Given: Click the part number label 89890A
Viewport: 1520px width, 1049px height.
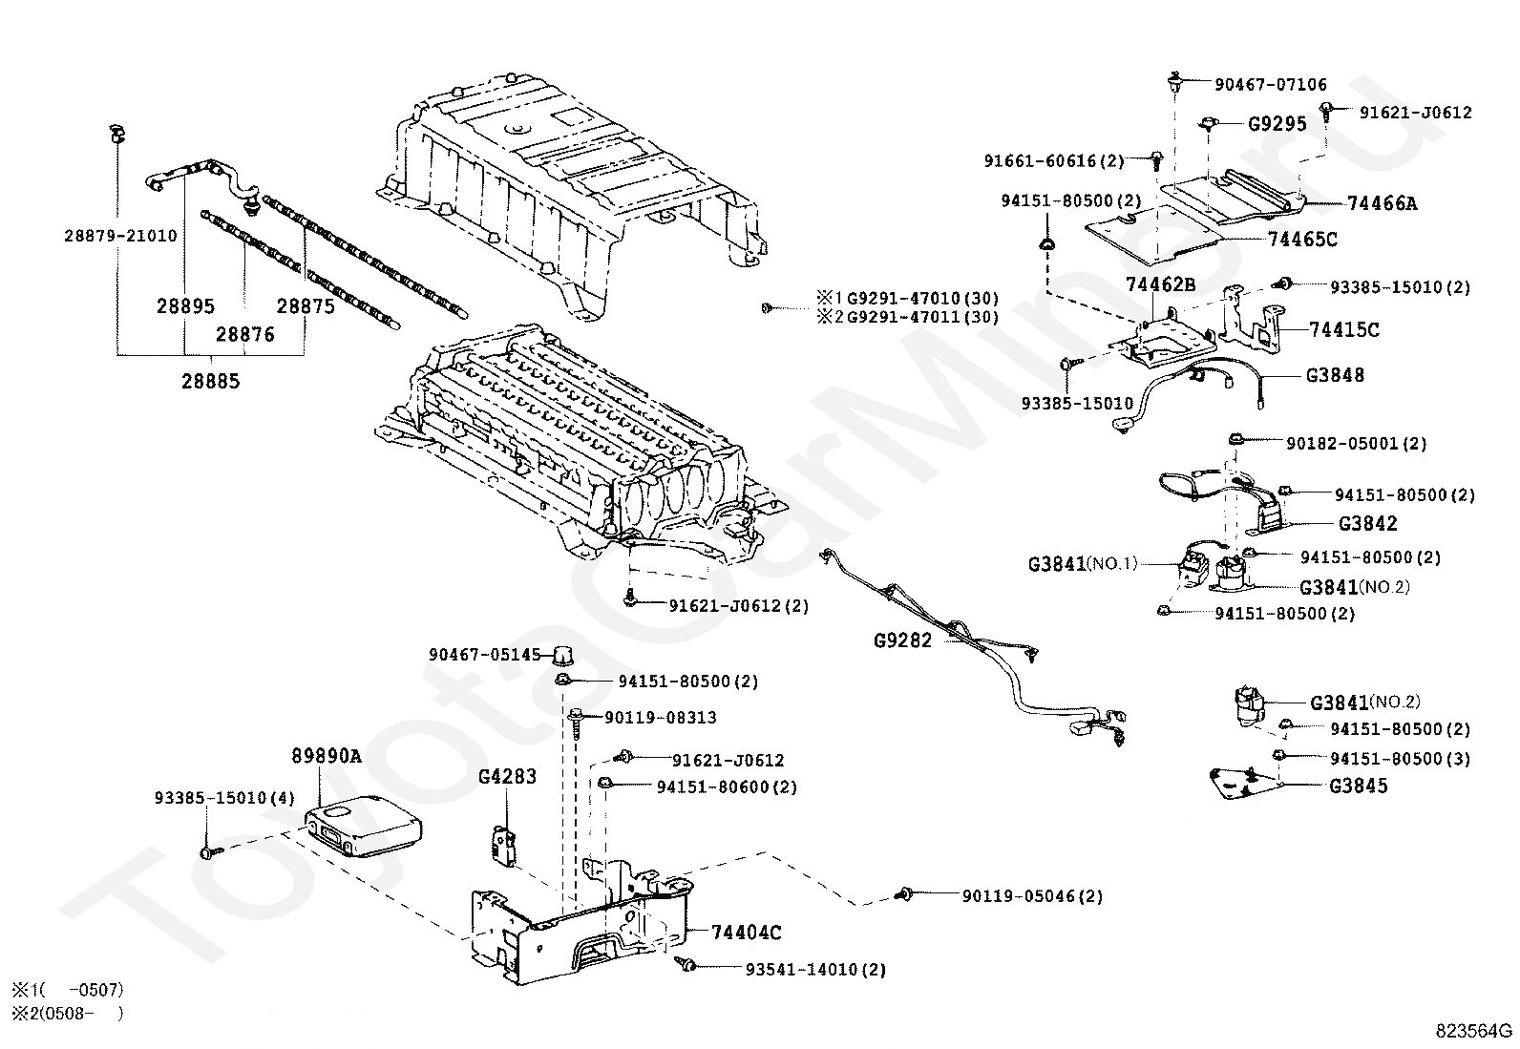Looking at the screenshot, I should click(326, 756).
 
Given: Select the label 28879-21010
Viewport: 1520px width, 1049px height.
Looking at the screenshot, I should click(121, 236).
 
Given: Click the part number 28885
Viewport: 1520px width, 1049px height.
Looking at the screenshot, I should click(211, 381).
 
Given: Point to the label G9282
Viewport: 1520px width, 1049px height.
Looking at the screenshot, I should click(902, 640).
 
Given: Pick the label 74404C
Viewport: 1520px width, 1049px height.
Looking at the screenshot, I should click(747, 933).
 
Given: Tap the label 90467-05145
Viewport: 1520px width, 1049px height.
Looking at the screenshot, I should click(484, 655).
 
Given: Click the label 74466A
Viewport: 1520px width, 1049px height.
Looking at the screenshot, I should click(1382, 203).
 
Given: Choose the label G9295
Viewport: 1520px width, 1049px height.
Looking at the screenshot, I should click(1277, 124).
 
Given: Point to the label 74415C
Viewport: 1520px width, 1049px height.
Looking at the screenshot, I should click(1344, 330).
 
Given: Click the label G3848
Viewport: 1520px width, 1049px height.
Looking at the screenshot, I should click(1335, 375).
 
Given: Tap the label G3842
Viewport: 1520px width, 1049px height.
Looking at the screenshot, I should click(1367, 523).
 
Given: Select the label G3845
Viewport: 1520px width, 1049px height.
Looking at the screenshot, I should click(1358, 786).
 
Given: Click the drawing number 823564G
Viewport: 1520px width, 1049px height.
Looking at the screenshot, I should click(1474, 1031).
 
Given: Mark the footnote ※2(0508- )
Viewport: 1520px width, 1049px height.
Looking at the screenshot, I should click(67, 1013).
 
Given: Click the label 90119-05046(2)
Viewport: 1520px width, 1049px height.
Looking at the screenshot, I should click(1031, 896).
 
